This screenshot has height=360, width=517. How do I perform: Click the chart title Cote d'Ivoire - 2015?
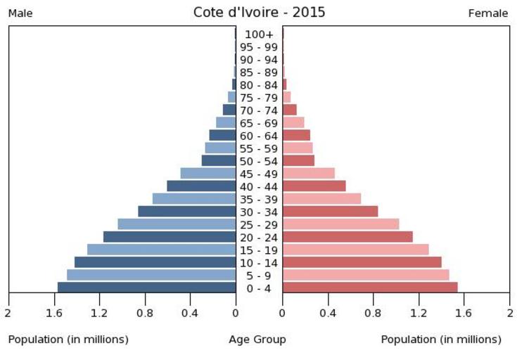pyautogui.click(x=259, y=13)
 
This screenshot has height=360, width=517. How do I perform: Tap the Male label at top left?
pyautogui.click(x=20, y=13)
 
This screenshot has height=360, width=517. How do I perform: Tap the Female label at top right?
pyautogui.click(x=487, y=13)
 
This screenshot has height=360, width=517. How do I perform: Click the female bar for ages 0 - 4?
pyautogui.click(x=370, y=287)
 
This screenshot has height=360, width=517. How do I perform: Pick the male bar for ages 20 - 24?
pyautogui.click(x=170, y=236)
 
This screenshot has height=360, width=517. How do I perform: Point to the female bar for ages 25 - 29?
pyautogui.click(x=340, y=224)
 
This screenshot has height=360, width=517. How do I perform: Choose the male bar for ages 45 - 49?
pyautogui.click(x=208, y=173)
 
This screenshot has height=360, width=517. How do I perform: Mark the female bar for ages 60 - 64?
pyautogui.click(x=296, y=135)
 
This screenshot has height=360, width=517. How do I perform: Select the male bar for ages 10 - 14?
pyautogui.click(x=155, y=262)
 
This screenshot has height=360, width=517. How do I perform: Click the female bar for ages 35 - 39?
pyautogui.click(x=321, y=198)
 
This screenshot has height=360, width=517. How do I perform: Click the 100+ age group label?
pyautogui.click(x=259, y=34)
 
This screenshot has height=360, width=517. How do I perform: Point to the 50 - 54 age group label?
pyautogui.click(x=259, y=161)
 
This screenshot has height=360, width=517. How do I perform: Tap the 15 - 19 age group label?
pyautogui.click(x=259, y=250)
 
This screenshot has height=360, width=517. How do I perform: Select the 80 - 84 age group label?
pyautogui.click(x=259, y=85)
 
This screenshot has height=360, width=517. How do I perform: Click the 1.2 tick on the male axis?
pyautogui.click(x=99, y=313)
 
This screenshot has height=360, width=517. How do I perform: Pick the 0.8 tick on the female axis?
pyautogui.click(x=374, y=313)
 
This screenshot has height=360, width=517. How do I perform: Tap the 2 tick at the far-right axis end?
pyautogui.click(x=509, y=313)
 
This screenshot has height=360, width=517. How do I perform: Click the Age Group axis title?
pyautogui.click(x=257, y=340)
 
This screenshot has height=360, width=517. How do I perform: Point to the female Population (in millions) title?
pyautogui.click(x=441, y=340)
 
